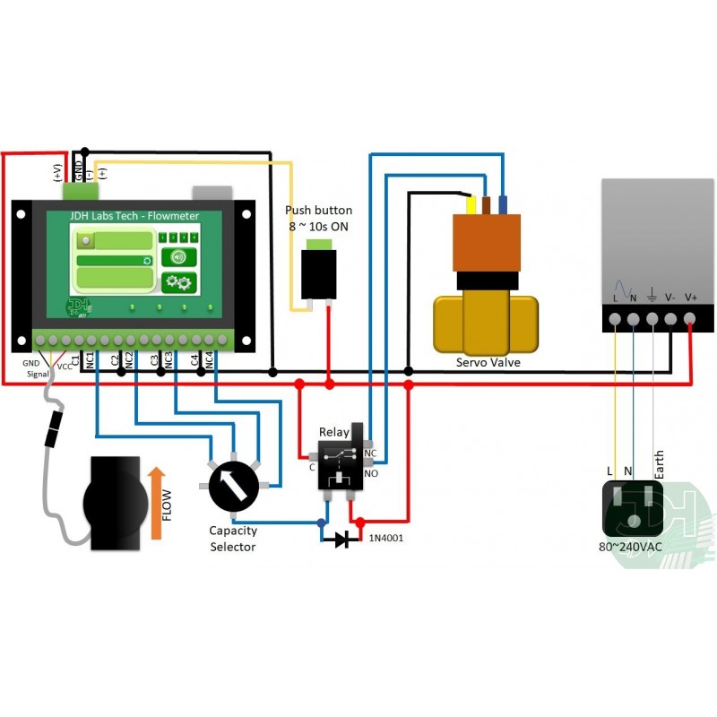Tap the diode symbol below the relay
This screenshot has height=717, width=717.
[341, 540]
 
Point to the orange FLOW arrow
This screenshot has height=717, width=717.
[157, 503]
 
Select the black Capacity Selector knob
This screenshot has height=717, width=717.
[233, 486]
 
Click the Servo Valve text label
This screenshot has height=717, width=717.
[488, 362]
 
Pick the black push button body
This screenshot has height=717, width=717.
[319, 272]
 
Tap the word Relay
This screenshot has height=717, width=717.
[334, 433]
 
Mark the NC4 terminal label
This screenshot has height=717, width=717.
[209, 361]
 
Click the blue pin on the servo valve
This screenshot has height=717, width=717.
[503, 204]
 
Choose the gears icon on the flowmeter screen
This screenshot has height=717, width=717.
[178, 282]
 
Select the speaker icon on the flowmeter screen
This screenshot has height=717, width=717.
[178, 257]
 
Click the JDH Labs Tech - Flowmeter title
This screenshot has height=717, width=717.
[134, 216]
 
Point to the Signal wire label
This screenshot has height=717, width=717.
[38, 373]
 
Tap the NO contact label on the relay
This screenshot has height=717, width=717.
[370, 473]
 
